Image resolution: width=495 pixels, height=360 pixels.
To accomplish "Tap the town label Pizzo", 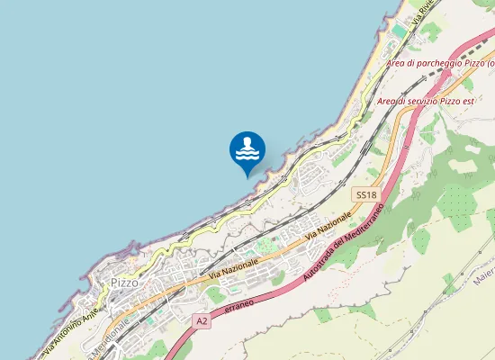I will [x=123, y=283].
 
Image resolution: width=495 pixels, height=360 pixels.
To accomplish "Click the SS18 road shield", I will [x=364, y=194].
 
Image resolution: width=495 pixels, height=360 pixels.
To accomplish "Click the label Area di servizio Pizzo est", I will [x=425, y=101].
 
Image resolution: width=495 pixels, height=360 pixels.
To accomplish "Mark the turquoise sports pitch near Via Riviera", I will [x=399, y=31].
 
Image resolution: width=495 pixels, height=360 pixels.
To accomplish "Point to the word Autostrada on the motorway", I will [x=315, y=265].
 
